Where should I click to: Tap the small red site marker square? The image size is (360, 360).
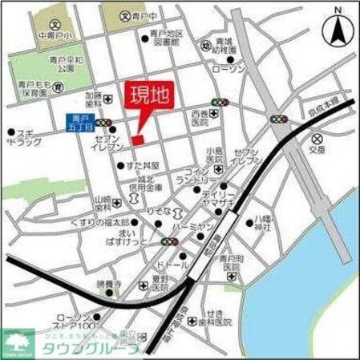click(137, 140)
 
